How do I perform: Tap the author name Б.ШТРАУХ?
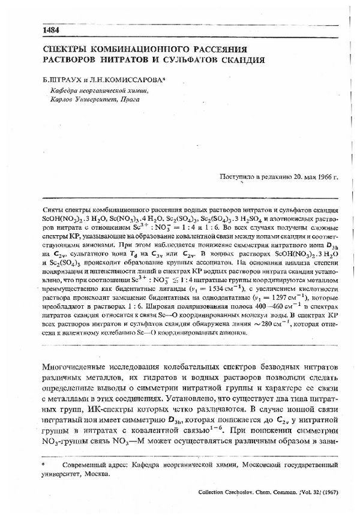[61, 79]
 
